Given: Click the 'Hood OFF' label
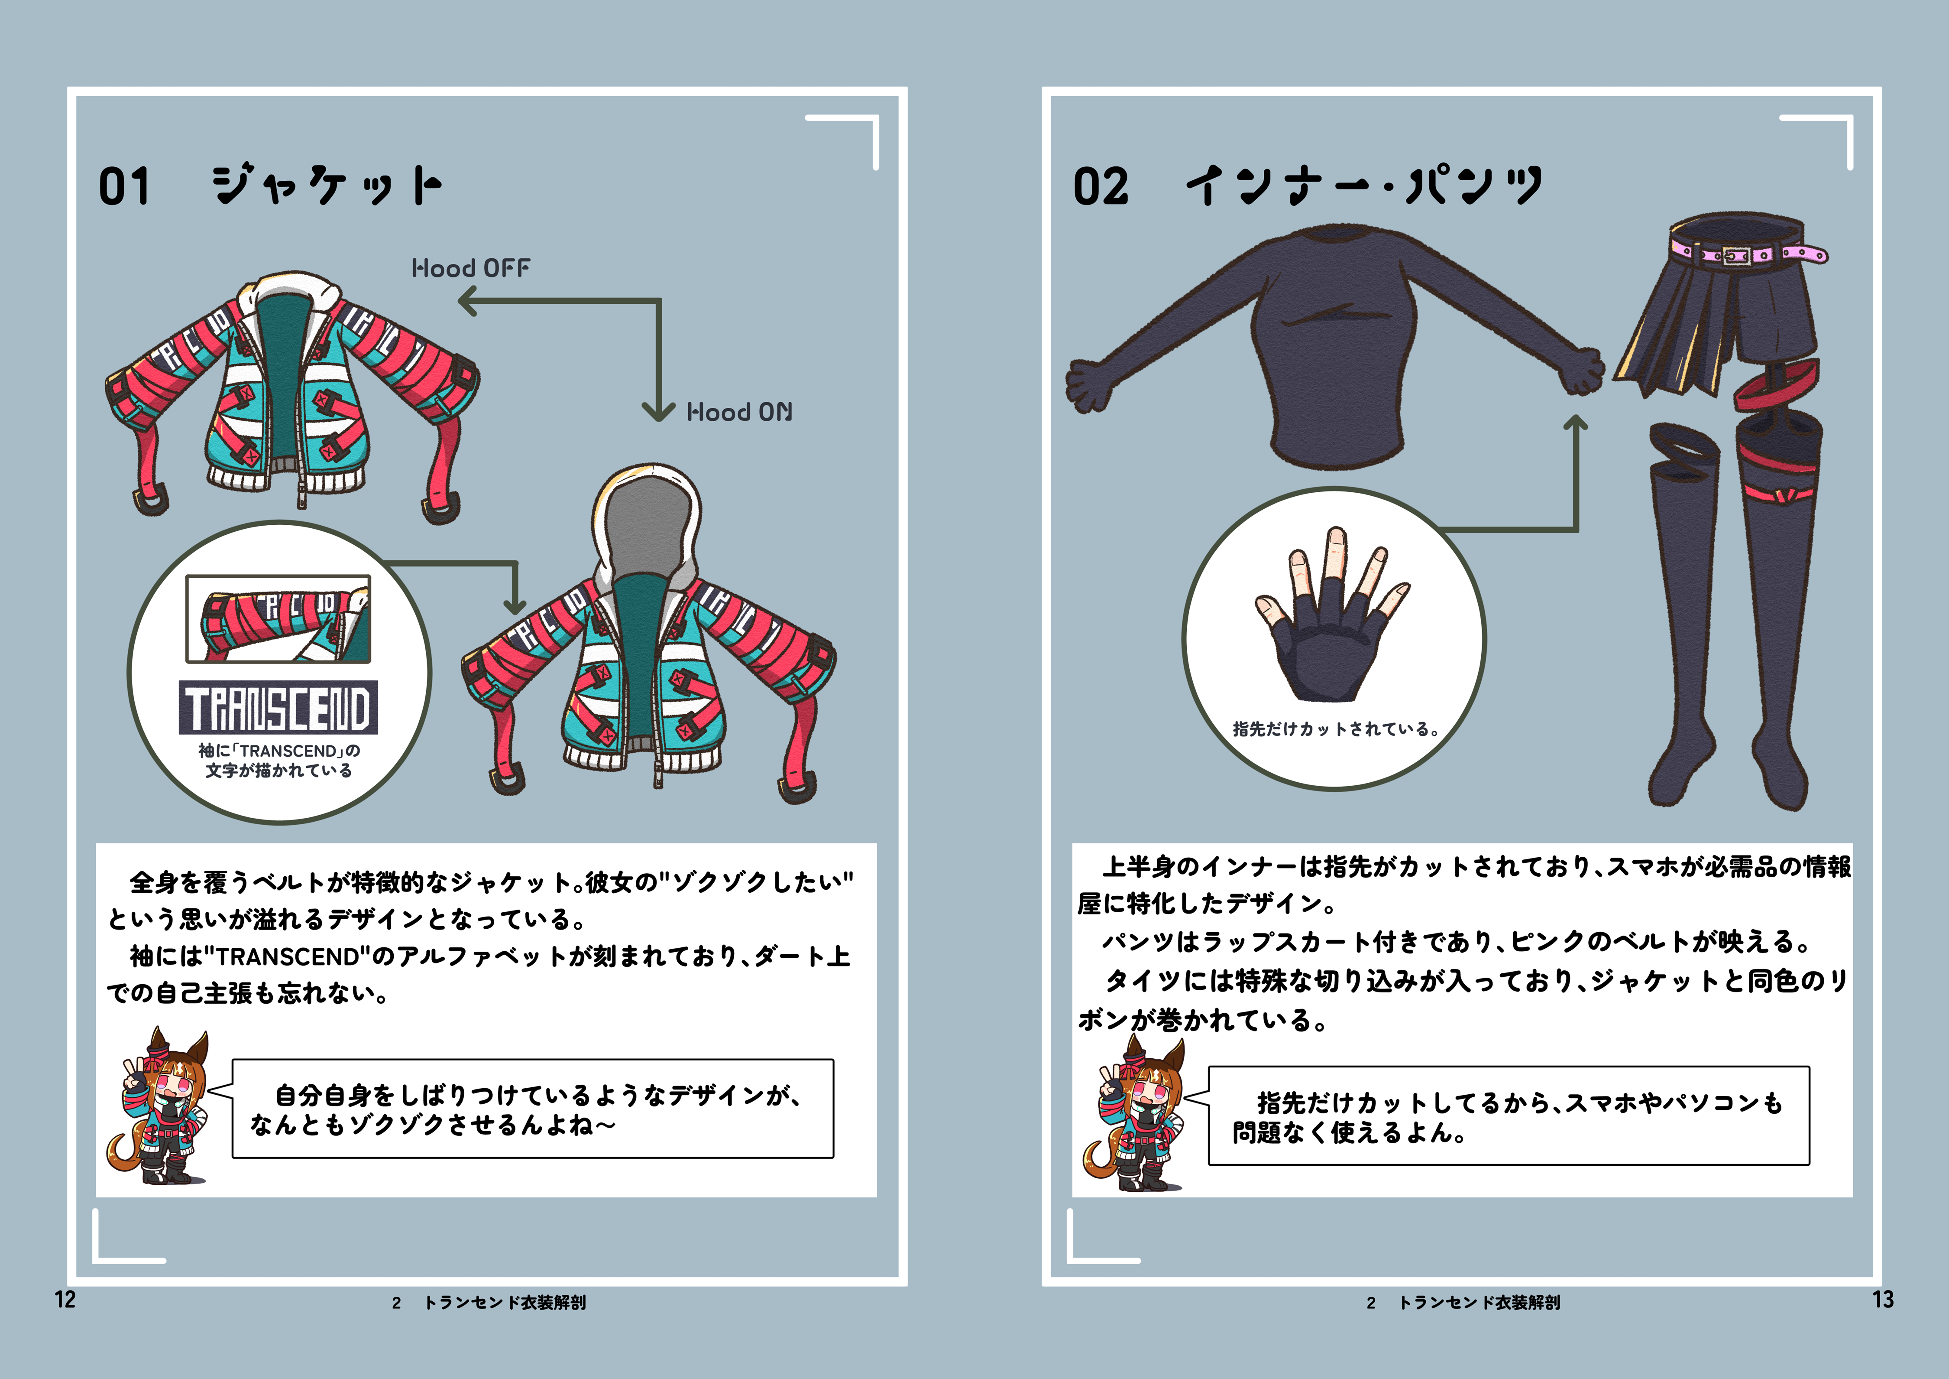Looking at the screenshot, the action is tap(471, 268).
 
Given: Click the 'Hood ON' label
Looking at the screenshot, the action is tap(739, 413).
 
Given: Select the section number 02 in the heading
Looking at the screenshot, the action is tap(1101, 187).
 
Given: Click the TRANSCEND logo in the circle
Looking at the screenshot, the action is tap(278, 707).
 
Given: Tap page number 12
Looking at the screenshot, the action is tap(65, 1299).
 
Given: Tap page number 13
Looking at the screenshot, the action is tap(1883, 1299).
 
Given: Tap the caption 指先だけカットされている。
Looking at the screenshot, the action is tap(1336, 729).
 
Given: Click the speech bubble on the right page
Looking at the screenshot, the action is tap(1509, 1116).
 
